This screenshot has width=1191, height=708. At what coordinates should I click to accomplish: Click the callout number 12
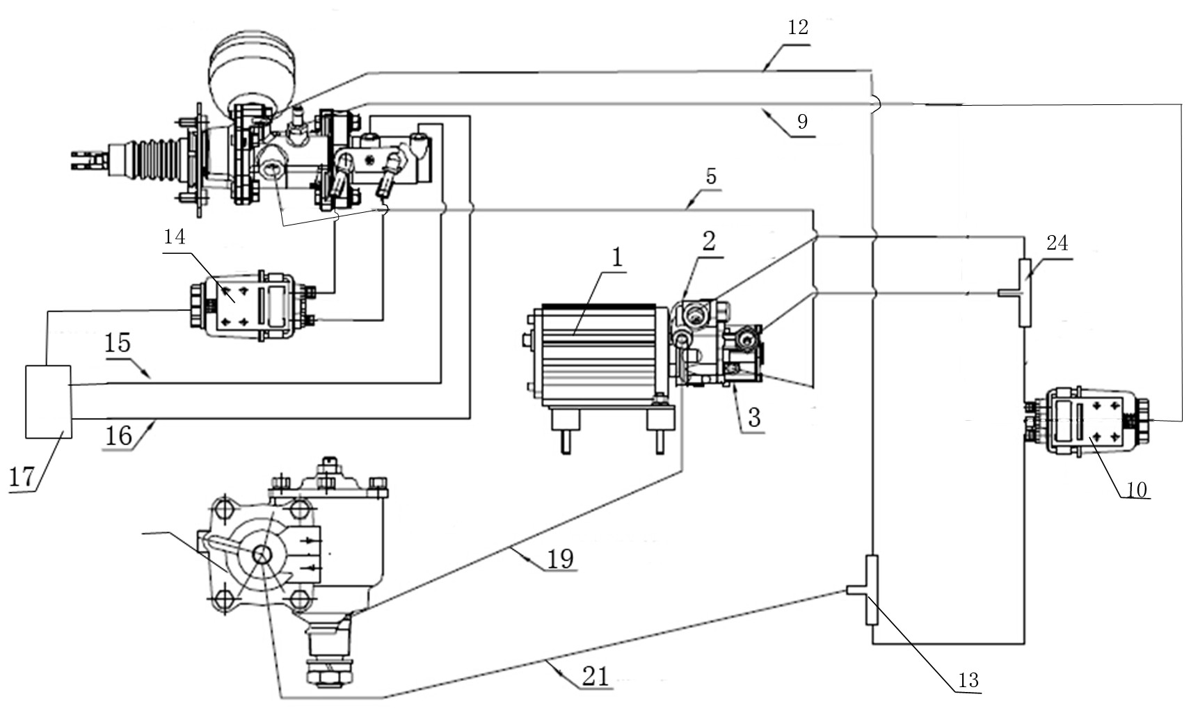tap(797, 27)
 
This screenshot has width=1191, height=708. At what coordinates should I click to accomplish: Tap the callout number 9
tap(802, 122)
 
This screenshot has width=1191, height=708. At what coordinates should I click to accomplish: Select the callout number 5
tap(712, 177)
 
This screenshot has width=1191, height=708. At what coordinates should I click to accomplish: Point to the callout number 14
tap(175, 236)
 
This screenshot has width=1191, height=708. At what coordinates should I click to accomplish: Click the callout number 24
tap(1057, 243)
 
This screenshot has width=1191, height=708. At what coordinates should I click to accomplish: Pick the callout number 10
tap(1136, 490)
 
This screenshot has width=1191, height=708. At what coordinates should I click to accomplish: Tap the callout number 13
tap(968, 680)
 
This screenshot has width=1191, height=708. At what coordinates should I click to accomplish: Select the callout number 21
tap(595, 677)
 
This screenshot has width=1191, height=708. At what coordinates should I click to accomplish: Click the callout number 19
tap(561, 558)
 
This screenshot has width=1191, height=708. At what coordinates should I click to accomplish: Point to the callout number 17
tap(22, 477)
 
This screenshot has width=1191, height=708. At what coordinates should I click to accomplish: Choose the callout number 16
tap(118, 436)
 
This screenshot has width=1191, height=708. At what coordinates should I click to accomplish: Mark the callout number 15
tap(117, 344)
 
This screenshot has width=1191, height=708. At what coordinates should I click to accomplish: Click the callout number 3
tap(754, 418)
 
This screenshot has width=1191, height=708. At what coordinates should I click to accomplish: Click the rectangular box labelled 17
tap(49, 402)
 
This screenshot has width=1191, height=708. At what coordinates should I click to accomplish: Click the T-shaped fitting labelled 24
tap(1021, 293)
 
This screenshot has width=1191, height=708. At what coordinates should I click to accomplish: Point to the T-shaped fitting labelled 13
tap(866, 590)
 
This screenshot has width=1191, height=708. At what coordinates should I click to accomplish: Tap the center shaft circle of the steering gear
tap(262, 555)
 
